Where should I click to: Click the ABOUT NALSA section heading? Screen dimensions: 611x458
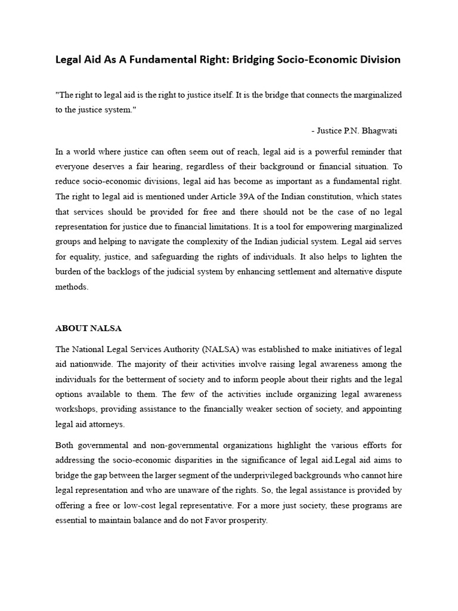(88, 328)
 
